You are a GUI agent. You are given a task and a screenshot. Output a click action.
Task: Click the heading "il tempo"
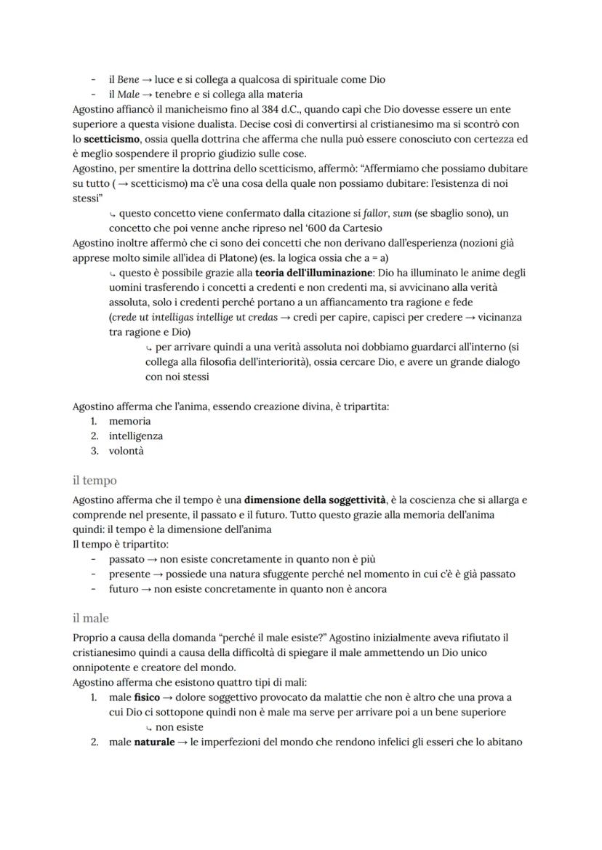point(95,481)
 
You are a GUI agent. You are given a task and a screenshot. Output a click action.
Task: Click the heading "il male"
point(91,618)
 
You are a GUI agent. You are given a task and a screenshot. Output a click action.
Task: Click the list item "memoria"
point(130,421)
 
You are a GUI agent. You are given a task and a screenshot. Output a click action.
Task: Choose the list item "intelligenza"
point(136,436)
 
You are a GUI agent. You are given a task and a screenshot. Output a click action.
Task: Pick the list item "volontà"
point(127,451)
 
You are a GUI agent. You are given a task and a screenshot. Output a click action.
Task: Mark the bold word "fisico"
point(147,697)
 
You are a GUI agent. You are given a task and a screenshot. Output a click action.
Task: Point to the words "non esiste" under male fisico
point(179,727)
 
